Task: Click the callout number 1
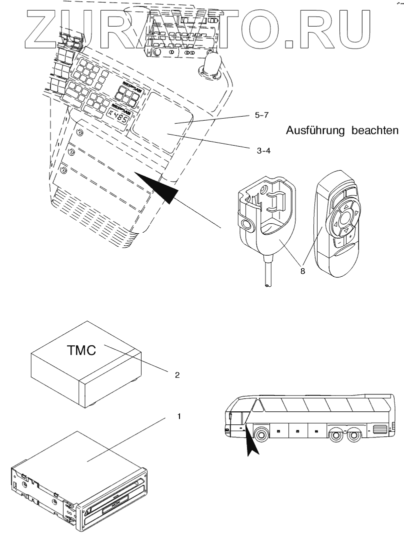tap(172, 416)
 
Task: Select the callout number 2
tap(177, 374)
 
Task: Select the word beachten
tap(376, 131)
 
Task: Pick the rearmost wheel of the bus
tap(354, 434)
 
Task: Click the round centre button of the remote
tap(344, 218)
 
